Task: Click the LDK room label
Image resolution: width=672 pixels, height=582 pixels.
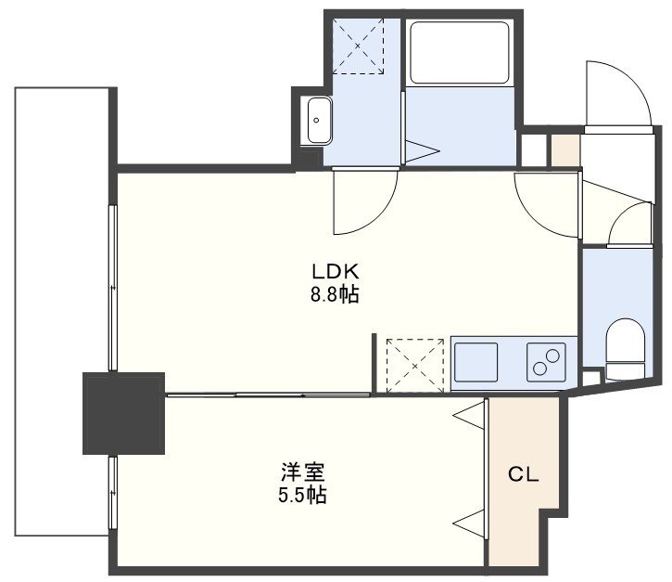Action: click(x=335, y=272)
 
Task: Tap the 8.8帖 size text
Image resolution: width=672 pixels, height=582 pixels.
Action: click(x=335, y=295)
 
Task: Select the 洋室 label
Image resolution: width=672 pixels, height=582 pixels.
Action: click(x=302, y=472)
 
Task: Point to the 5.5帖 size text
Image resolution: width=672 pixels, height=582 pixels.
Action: click(x=302, y=495)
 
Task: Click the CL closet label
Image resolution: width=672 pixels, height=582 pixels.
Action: click(x=524, y=474)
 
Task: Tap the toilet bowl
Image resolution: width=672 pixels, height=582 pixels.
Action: click(x=626, y=349)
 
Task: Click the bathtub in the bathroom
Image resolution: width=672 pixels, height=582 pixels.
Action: click(x=460, y=53)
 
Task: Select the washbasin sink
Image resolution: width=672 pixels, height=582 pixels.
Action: click(x=319, y=120)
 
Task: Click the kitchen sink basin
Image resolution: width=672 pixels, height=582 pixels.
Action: click(x=475, y=362)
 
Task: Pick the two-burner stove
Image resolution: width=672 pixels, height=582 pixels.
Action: click(x=546, y=362)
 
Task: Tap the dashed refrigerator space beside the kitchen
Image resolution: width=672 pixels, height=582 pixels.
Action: click(x=415, y=365)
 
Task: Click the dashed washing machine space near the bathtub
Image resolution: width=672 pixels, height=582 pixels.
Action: click(x=358, y=45)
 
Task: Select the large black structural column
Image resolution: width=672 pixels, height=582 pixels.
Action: click(x=123, y=413)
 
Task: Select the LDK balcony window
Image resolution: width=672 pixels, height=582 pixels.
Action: click(x=113, y=288)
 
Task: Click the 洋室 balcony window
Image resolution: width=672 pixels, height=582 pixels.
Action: click(x=113, y=494)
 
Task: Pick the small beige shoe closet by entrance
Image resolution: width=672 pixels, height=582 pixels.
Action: click(x=565, y=150)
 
